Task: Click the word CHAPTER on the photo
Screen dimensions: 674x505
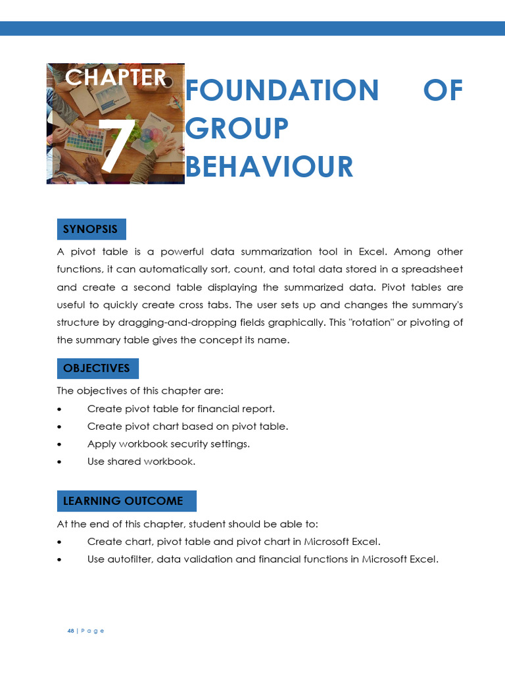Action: click(116, 78)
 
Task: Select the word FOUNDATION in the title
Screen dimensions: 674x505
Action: click(282, 90)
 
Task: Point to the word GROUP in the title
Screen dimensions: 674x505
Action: click(237, 128)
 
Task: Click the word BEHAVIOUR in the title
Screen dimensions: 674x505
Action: click(270, 167)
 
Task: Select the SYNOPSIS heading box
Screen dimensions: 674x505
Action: click(91, 229)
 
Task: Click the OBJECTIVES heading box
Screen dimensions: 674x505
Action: click(97, 368)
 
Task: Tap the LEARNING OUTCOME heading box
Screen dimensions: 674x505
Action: click(126, 501)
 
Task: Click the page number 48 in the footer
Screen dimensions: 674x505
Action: click(70, 631)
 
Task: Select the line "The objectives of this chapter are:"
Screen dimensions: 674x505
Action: click(140, 391)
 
